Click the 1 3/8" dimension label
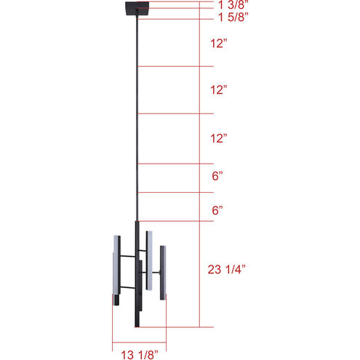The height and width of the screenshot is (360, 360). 236,4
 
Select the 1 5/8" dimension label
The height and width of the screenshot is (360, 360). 236,17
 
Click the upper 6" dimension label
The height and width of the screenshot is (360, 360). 217,175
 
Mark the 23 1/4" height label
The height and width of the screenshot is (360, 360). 227,269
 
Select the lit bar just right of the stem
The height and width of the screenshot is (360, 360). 149,260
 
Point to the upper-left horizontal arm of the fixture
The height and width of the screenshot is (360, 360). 126,257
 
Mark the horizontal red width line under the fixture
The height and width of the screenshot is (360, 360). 139,341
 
